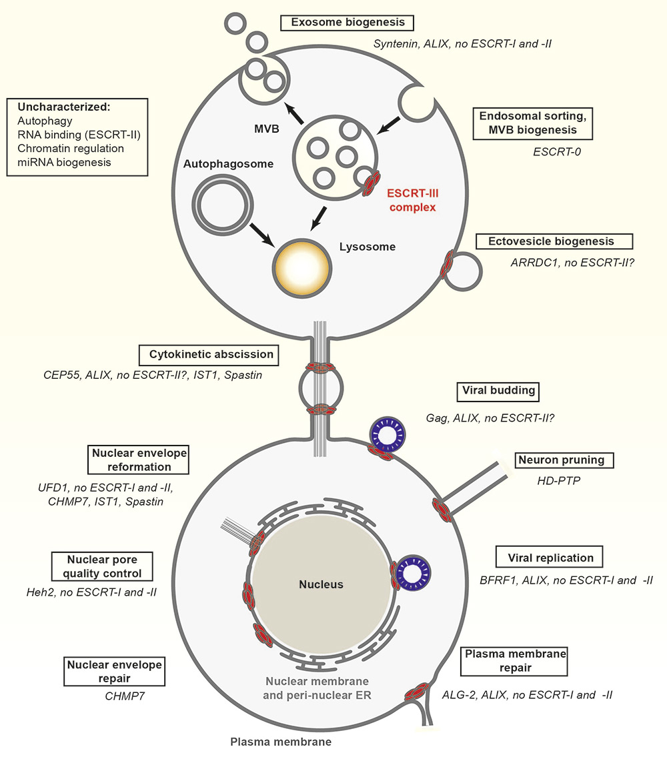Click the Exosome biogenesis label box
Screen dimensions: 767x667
(348, 23)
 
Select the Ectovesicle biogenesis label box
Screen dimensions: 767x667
(554, 241)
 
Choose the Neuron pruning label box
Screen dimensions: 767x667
(564, 460)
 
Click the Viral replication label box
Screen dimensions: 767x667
(550, 557)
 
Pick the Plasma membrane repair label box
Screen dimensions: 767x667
(514, 660)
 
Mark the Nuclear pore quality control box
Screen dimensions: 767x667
(101, 566)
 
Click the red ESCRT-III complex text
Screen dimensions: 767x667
(414, 200)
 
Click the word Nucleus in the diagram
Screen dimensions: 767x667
(321, 584)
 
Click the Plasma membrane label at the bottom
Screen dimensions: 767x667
(280, 742)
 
